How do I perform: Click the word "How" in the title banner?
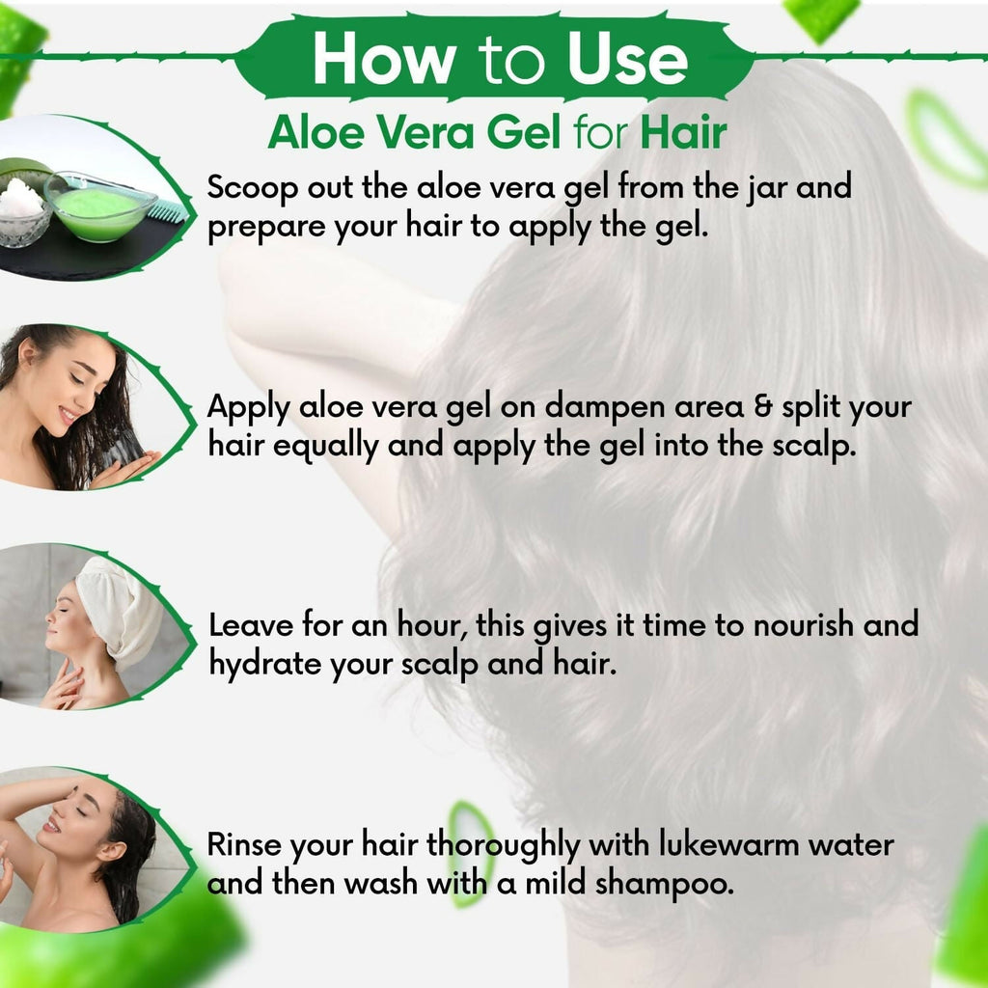(x=382, y=60)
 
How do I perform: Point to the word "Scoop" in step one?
(x=251, y=187)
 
